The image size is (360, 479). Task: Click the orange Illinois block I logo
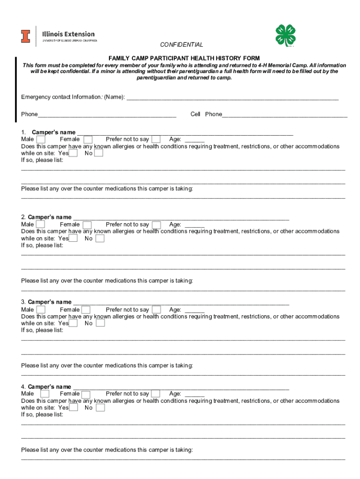tap(25, 36)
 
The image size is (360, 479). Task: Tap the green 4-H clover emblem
tap(286, 36)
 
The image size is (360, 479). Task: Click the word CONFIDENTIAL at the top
tap(181, 45)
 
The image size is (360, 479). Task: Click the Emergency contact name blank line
tap(232, 97)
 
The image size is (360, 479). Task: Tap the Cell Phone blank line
tap(285, 115)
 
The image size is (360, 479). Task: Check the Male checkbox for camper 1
tap(41, 139)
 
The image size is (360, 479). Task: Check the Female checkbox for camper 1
tap(87, 139)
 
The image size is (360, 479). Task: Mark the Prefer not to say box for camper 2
tap(156, 225)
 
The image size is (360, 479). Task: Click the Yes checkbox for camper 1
tap(73, 153)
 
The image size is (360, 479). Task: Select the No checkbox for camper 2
tap(100, 239)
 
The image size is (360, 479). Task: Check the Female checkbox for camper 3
tap(86, 310)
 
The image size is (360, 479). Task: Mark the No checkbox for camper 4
tap(101, 407)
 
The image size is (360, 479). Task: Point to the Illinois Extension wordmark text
tap(68, 34)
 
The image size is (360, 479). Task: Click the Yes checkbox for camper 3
tap(73, 323)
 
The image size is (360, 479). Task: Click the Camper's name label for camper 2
tap(50, 217)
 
